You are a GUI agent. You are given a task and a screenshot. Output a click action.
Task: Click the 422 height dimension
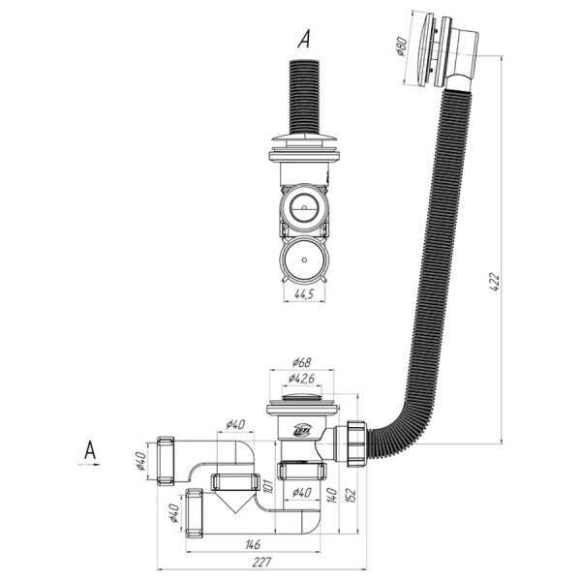click(x=496, y=282)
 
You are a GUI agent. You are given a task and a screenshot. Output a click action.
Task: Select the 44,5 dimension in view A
click(x=304, y=293)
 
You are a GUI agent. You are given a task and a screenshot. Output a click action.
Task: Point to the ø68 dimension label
click(x=301, y=362)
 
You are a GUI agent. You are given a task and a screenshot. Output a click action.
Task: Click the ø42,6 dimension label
click(x=301, y=379)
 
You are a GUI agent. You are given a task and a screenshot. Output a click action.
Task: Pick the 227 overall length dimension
click(x=261, y=562)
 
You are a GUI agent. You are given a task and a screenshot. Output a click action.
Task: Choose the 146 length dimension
click(x=253, y=544)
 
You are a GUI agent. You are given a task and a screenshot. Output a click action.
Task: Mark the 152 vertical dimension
click(x=351, y=495)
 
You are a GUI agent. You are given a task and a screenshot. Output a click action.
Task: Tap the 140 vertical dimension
click(x=332, y=495)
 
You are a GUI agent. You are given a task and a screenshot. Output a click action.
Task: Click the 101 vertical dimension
click(x=268, y=486)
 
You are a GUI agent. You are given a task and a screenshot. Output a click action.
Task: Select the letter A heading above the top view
click(x=304, y=40)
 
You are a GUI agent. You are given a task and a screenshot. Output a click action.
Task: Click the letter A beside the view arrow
click(x=90, y=450)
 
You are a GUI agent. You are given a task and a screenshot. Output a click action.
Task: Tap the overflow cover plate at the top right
click(x=425, y=49)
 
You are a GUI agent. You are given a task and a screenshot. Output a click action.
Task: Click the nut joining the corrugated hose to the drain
click(x=356, y=443)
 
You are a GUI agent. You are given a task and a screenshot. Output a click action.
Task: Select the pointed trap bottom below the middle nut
click(x=234, y=501)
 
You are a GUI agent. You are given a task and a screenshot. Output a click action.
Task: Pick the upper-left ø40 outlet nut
click(x=166, y=461)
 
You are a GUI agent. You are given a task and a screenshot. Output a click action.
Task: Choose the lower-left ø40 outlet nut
click(x=194, y=513)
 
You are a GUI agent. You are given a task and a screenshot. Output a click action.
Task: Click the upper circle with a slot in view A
click(x=304, y=207)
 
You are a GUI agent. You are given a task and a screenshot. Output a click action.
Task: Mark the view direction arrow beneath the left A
click(x=88, y=464)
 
